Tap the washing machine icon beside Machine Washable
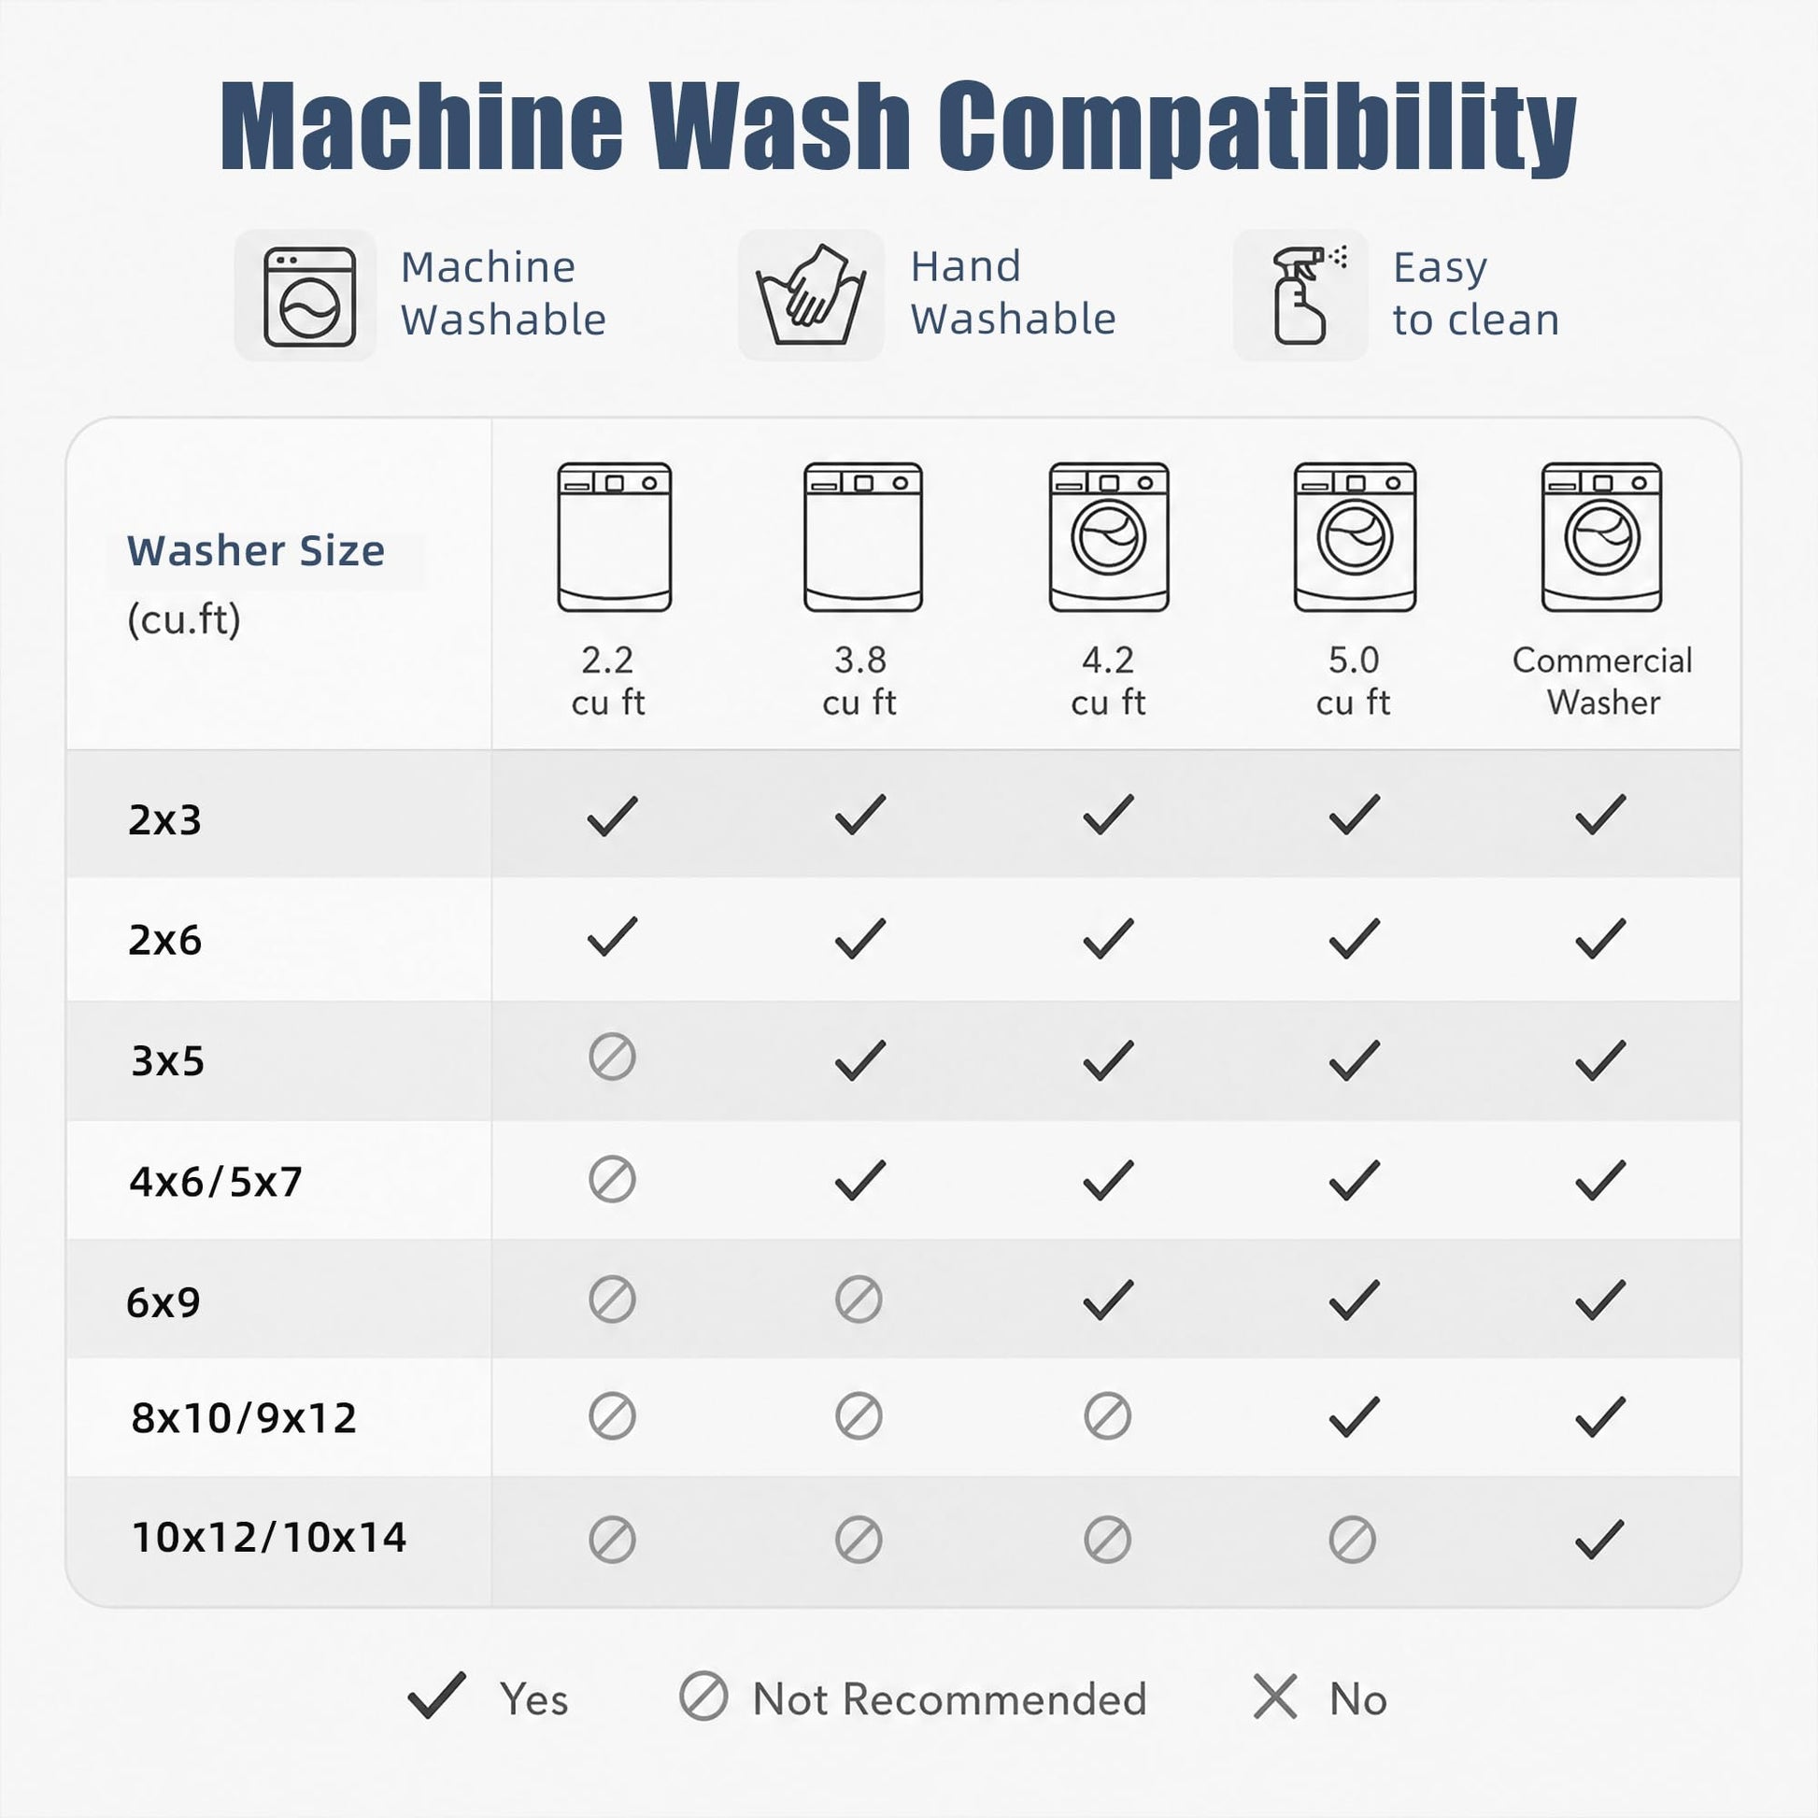coord(309,296)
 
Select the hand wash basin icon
coord(811,295)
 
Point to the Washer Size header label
coord(256,550)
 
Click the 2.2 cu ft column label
coord(608,680)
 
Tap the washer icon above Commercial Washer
coord(1601,537)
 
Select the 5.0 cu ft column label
coord(1353,680)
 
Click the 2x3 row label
coord(164,819)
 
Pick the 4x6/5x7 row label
coord(216,1181)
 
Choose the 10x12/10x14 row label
coord(269,1538)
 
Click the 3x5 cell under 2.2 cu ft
coord(613,1058)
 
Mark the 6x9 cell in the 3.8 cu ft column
coord(859,1300)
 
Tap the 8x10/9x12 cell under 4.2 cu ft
coord(1108,1416)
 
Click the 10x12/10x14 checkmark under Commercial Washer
coord(1599,1540)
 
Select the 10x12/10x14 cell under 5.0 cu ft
coord(1352,1540)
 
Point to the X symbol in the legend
coord(1275,1697)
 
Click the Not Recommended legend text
coord(949,1699)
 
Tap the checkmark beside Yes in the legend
coord(436,1696)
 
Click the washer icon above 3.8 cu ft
coord(863,537)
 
